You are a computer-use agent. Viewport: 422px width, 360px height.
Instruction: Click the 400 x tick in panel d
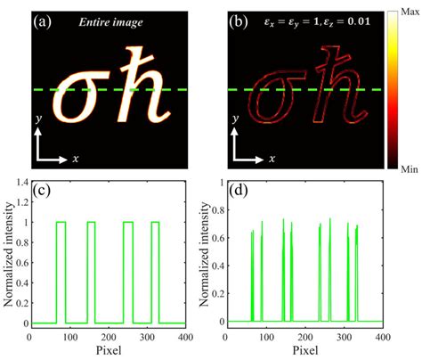[382, 339]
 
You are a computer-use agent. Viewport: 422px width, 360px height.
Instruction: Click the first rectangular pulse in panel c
[61, 272]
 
